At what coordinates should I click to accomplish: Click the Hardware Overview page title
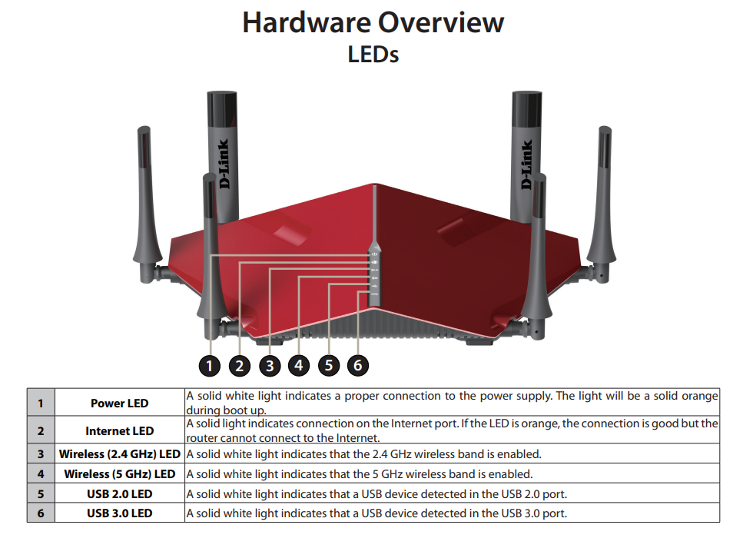373,22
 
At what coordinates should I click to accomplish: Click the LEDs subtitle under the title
373,55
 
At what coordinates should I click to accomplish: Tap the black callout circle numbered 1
209,365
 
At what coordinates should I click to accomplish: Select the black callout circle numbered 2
239,365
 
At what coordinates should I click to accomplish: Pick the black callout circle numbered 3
269,365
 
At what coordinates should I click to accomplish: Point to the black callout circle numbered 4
299,365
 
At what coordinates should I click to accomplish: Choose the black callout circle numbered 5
328,365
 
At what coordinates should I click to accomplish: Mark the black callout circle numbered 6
357,365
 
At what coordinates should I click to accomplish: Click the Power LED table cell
119,403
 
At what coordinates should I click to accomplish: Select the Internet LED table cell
119,430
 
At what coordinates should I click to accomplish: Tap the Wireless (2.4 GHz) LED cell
119,454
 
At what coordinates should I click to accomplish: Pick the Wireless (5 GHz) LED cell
119,474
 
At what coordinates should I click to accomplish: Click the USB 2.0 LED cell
119,494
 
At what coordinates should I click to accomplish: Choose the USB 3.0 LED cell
119,513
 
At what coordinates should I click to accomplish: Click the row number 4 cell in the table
41,474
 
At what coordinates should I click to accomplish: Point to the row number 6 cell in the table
41,513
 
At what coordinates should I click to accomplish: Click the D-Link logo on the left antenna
224,165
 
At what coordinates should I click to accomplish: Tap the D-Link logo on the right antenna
526,165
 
